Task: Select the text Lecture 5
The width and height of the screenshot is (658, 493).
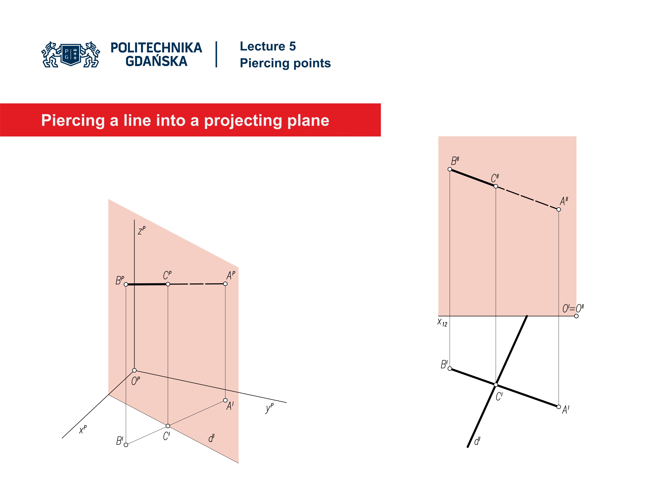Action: (x=268, y=46)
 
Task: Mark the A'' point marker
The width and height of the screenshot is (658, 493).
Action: (x=559, y=210)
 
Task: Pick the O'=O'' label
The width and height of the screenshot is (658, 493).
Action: (x=573, y=308)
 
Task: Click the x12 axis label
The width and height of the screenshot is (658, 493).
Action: (x=442, y=323)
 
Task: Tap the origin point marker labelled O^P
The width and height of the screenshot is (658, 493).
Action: (x=135, y=370)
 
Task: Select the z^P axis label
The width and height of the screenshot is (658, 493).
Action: (x=142, y=230)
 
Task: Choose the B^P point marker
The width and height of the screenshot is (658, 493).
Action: (x=126, y=284)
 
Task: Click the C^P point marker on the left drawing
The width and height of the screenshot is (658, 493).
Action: (x=168, y=284)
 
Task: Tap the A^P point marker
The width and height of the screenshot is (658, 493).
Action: (x=225, y=284)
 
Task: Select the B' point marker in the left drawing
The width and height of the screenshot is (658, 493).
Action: (x=126, y=445)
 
